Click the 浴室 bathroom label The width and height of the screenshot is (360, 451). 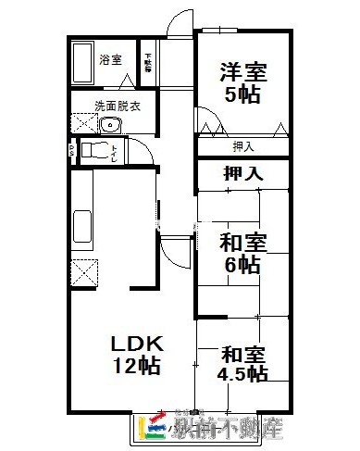tap(111, 60)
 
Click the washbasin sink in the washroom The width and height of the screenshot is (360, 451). tap(111, 125)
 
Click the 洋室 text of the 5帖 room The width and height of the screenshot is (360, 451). tap(240, 71)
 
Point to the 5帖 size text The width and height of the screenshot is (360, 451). tap(240, 94)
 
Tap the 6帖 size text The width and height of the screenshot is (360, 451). tap(243, 265)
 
